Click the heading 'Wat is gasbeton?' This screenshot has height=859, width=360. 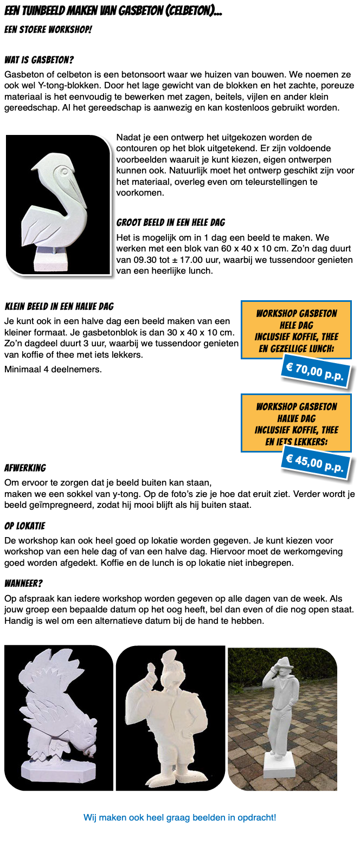pos(38,60)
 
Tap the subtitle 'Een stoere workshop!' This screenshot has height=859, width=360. pos(48,29)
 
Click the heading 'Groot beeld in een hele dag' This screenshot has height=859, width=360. pos(171,222)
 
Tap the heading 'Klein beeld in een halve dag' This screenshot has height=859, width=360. pos(59,306)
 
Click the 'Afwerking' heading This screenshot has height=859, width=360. pos(25,468)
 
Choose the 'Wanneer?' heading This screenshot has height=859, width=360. pos(23,583)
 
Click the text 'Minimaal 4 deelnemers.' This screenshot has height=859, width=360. pos(53,370)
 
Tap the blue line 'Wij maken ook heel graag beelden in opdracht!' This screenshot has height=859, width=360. pos(179,817)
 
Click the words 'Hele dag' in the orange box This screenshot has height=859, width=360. pos(296,326)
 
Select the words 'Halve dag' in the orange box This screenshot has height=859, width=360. pos(296,419)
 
